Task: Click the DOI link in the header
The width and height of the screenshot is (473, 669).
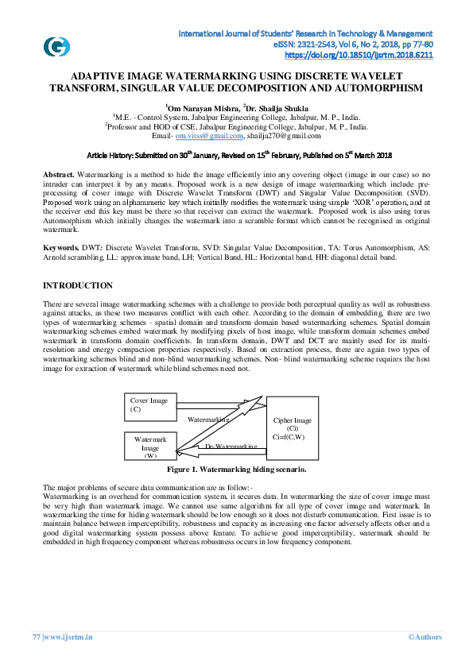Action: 358,56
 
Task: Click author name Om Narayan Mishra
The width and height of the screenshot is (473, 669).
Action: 200,107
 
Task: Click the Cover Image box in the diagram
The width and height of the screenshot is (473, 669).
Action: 149,405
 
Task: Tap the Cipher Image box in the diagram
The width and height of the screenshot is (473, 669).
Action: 292,427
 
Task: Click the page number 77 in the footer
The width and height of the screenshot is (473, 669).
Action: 36,636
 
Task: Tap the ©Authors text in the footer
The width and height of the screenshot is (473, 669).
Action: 425,636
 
